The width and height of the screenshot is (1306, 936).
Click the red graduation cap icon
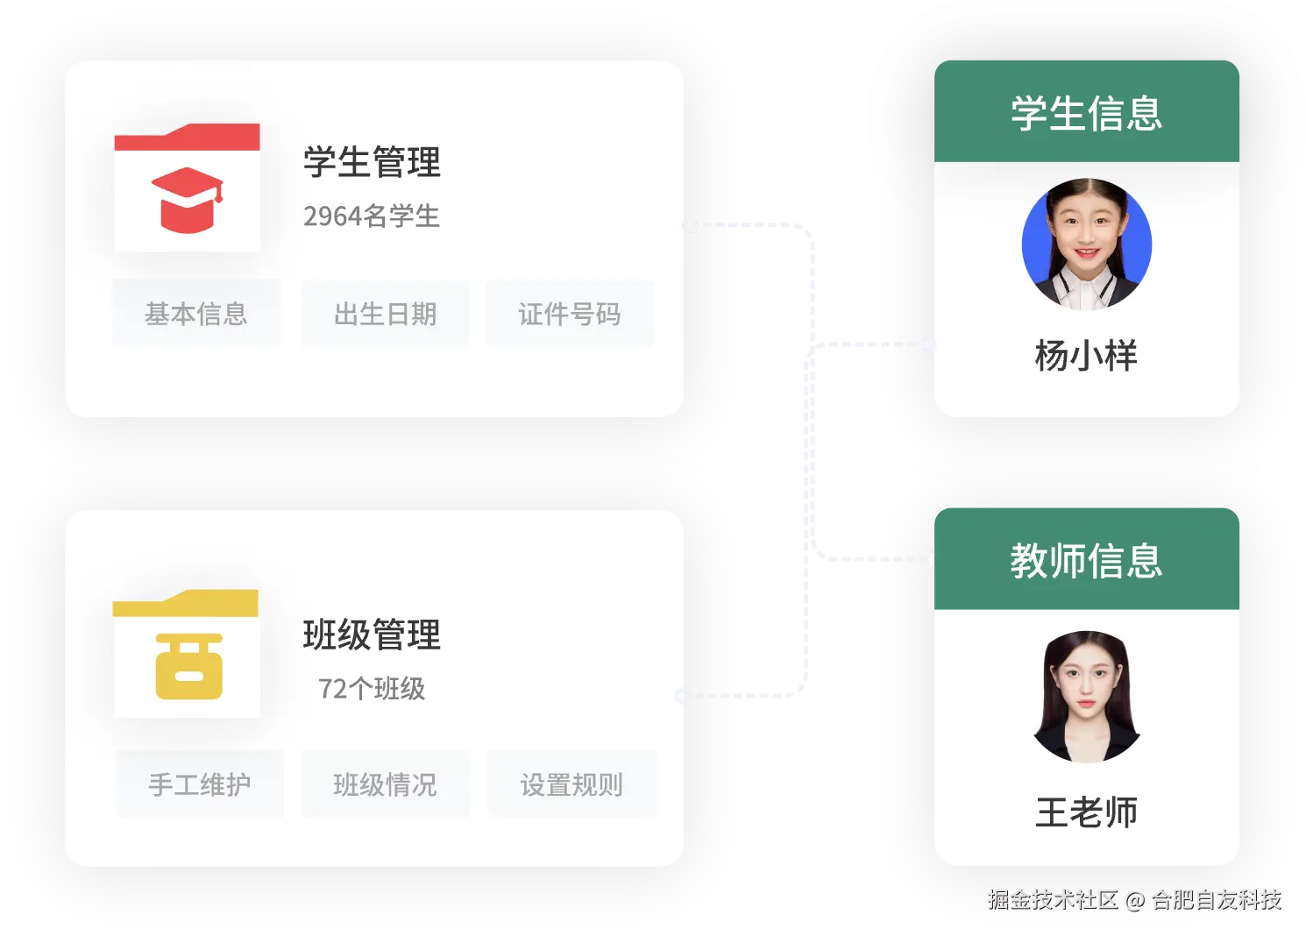click(x=187, y=199)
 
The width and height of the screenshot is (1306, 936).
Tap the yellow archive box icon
click(x=188, y=666)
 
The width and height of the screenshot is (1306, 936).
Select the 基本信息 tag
click(x=196, y=314)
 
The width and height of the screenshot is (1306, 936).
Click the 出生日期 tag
click(x=386, y=314)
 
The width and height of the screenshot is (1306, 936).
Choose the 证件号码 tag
click(x=570, y=314)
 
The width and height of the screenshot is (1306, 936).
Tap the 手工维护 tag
click(x=200, y=784)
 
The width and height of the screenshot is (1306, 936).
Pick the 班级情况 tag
click(x=386, y=784)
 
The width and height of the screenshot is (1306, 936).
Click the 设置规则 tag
click(x=571, y=784)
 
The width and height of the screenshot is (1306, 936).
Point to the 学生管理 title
click(x=372, y=162)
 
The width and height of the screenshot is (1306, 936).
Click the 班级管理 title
click(x=372, y=635)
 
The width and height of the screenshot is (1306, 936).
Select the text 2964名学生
click(x=372, y=216)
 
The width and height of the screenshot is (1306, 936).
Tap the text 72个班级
click(x=372, y=689)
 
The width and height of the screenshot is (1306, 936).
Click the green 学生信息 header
click(x=1087, y=113)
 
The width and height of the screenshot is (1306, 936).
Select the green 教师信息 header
click(x=1087, y=560)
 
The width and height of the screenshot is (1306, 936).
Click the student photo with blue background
click(x=1087, y=245)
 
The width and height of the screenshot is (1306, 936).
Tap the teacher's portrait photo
click(x=1087, y=697)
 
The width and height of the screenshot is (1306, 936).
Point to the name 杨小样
click(x=1087, y=356)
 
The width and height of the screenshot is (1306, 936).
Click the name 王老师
click(x=1087, y=812)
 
